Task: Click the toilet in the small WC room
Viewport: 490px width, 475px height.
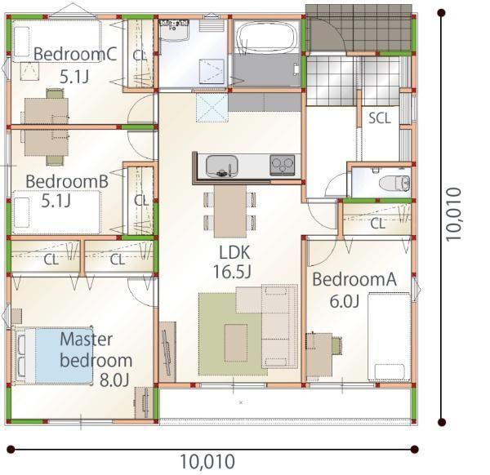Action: pos(394,183)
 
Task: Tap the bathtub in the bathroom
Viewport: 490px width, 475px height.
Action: pos(266,38)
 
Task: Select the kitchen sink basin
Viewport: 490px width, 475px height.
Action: pos(222,166)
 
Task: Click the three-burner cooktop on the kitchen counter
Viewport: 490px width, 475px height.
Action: pos(283,165)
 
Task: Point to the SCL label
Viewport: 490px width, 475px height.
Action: pos(380,118)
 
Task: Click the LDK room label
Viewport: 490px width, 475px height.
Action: pos(234,253)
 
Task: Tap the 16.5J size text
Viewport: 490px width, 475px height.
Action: pos(232,272)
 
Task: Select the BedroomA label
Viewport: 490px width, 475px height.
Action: pos(354,279)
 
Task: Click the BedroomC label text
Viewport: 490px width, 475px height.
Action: pos(75,54)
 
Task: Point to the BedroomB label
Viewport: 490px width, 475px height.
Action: pos(67,181)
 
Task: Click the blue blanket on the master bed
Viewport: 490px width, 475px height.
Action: pos(64,355)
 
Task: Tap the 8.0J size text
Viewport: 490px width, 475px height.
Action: pos(114,380)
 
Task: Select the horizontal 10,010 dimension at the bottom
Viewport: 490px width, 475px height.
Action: pos(207,461)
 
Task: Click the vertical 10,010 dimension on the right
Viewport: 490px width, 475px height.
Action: pos(454,214)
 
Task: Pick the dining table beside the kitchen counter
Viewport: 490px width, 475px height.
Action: pos(230,211)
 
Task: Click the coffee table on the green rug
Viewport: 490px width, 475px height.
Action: pos(236,343)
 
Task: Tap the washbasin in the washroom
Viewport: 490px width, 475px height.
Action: pos(174,30)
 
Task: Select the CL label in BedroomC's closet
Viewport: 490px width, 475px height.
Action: pos(140,55)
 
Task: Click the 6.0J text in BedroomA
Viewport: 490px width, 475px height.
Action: pos(345,301)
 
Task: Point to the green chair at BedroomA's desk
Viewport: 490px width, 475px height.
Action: pos(336,346)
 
